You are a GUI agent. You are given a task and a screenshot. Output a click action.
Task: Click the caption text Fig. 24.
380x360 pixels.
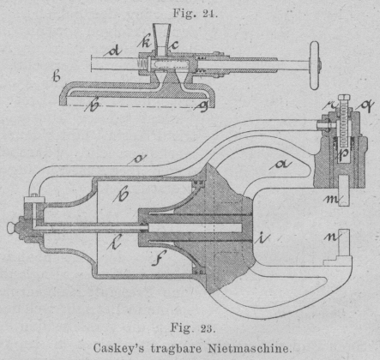pyautogui.click(x=195, y=13)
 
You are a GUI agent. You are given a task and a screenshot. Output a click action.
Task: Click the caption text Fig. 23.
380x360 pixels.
pyautogui.click(x=193, y=328)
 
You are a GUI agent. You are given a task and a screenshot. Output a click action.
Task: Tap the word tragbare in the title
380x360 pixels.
pyautogui.click(x=176, y=349)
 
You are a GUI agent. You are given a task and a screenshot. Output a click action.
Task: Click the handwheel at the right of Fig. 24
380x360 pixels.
pyautogui.click(x=315, y=65)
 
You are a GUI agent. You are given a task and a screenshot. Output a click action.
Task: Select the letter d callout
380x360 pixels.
pyautogui.click(x=112, y=51)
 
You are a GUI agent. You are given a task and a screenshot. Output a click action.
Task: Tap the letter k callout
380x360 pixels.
pyautogui.click(x=145, y=42)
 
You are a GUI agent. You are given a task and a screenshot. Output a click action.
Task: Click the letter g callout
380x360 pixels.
pyautogui.click(x=202, y=106)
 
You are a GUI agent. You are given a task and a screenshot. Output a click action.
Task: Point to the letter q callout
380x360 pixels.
pyautogui.click(x=365, y=107)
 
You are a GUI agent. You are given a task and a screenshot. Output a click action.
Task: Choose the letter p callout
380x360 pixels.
pyautogui.click(x=344, y=154)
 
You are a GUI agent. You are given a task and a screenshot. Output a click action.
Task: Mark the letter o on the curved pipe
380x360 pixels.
pyautogui.click(x=137, y=159)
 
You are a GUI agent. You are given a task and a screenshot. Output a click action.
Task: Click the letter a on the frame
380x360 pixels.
pyautogui.click(x=280, y=165)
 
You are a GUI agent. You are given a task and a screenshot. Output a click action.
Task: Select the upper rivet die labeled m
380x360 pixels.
pyautogui.click(x=344, y=191)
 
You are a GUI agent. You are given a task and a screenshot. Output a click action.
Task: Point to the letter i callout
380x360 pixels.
pyautogui.click(x=262, y=238)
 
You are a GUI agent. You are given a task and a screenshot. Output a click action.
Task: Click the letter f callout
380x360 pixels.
pyautogui.click(x=159, y=257)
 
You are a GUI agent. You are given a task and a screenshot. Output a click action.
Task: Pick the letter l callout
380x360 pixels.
pyautogui.click(x=115, y=242)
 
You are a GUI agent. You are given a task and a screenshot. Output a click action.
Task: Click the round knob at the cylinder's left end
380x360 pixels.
pyautogui.click(x=11, y=227)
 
